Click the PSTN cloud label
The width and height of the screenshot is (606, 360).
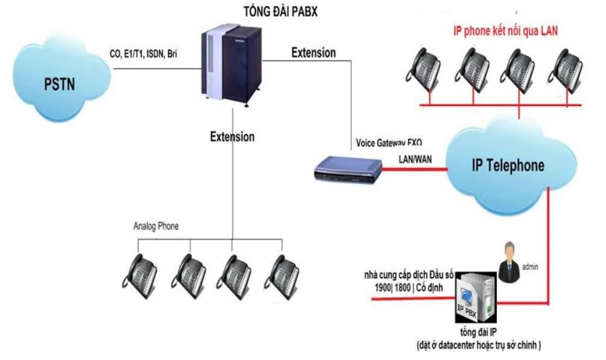(x=59, y=83)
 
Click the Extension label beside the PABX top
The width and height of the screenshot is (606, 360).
(x=313, y=53)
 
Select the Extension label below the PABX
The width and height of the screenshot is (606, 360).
(x=232, y=137)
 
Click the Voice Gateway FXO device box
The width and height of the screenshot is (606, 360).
(x=348, y=169)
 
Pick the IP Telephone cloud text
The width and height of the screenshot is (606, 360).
(x=508, y=165)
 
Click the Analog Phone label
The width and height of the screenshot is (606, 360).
(x=156, y=226)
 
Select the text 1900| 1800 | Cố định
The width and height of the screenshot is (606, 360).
(x=409, y=288)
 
